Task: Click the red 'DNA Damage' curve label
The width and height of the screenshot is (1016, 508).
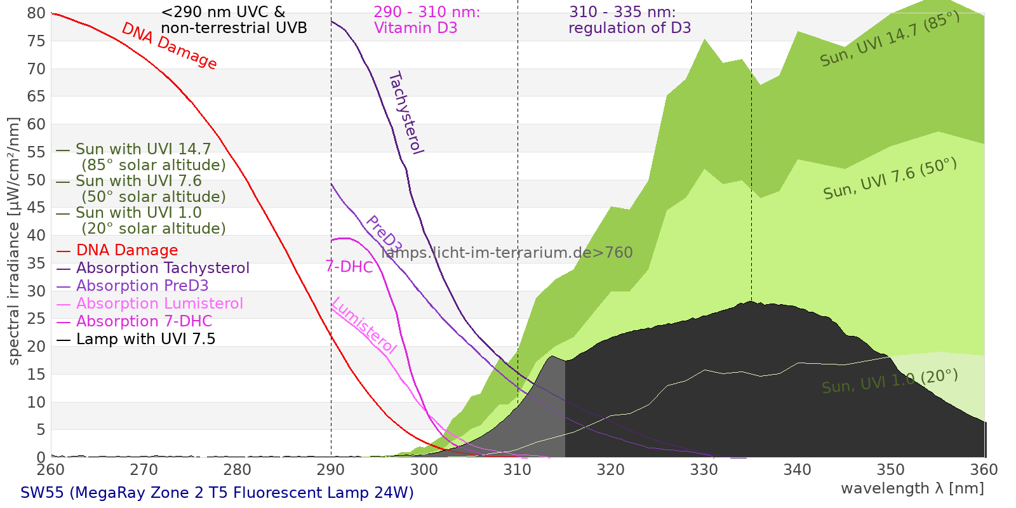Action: [169, 46]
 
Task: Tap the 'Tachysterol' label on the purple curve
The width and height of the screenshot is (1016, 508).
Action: [405, 113]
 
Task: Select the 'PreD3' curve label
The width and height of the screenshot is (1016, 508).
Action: [384, 234]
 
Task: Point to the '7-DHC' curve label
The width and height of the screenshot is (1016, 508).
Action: [349, 267]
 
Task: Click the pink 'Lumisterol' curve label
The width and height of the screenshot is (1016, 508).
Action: [364, 325]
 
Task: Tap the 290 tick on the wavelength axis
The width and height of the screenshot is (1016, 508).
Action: [331, 470]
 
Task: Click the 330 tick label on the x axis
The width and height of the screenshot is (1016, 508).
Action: [704, 470]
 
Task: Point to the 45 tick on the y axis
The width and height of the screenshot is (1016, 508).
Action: [36, 208]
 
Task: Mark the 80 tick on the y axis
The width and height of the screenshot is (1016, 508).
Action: [36, 13]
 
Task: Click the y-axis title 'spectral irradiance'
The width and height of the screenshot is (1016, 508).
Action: [14, 241]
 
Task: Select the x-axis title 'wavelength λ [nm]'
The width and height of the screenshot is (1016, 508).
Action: [912, 488]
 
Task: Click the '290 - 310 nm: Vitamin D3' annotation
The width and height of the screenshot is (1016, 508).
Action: [427, 20]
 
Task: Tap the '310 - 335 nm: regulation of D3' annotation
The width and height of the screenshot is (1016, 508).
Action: [629, 20]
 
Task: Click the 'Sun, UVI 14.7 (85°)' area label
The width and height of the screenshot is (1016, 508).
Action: [890, 39]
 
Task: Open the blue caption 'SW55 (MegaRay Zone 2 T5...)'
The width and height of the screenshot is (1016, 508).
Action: [217, 493]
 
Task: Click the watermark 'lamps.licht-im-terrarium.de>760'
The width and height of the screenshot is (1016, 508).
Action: [507, 253]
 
